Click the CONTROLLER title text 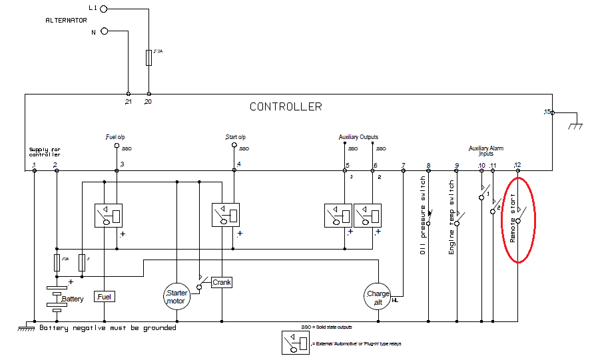tap(286, 106)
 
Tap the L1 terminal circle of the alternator tap(103, 9)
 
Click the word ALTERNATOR tap(67, 20)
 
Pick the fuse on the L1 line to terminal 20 tap(148, 58)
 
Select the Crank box tap(221, 282)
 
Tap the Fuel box tap(105, 297)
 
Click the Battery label tap(73, 299)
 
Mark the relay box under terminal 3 tap(107, 215)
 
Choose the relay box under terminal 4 tap(225, 215)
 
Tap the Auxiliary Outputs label tap(358, 137)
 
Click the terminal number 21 tap(129, 102)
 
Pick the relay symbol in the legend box tap(294, 343)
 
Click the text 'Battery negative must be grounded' tap(108, 327)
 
